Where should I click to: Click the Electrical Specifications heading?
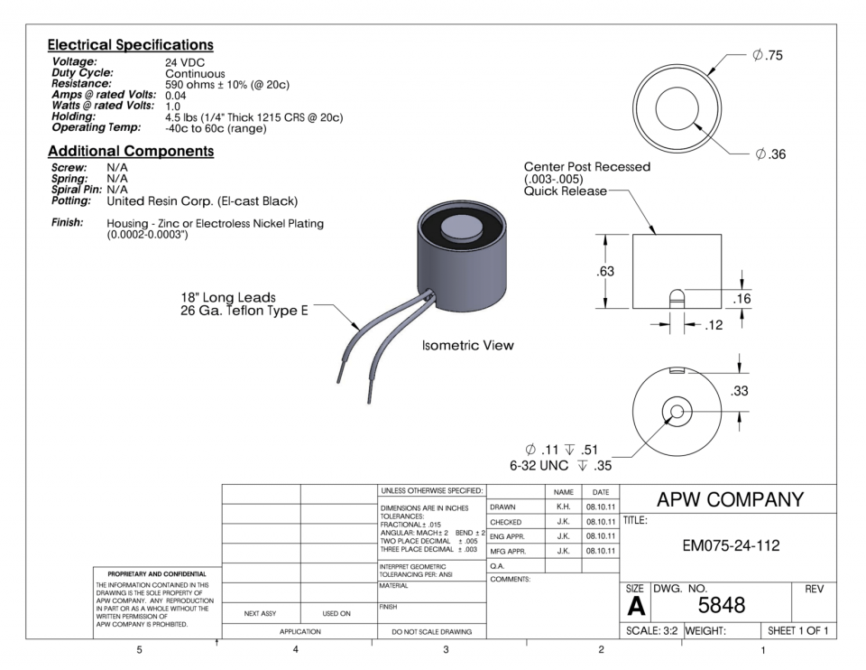(x=130, y=44)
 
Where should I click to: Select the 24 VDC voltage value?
(x=186, y=62)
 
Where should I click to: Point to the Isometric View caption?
(x=468, y=346)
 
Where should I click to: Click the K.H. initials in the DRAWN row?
(x=563, y=507)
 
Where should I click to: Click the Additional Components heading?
(x=130, y=151)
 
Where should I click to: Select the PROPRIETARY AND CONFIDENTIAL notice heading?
(x=151, y=573)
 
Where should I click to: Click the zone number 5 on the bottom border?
(x=138, y=649)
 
